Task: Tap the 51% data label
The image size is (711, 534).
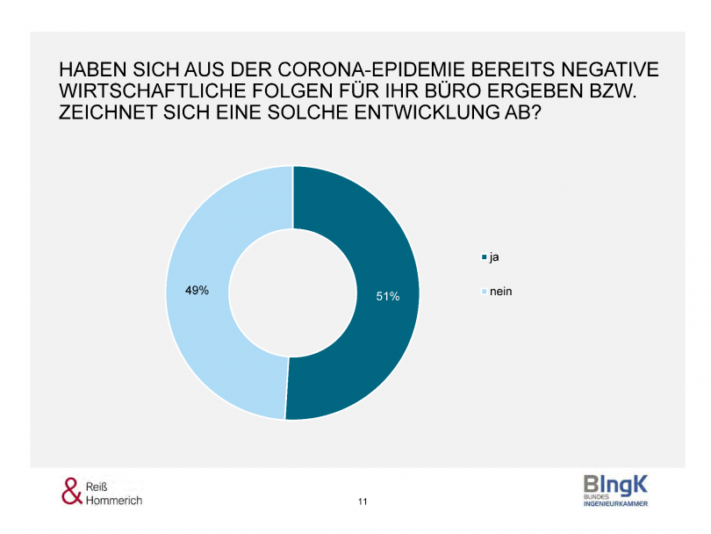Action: click(388, 297)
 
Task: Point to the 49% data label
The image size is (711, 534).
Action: click(197, 291)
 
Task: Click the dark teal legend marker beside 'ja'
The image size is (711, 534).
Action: click(484, 258)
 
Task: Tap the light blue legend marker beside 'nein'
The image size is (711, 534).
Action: click(484, 292)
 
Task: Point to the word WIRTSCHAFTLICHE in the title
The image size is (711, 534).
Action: click(136, 92)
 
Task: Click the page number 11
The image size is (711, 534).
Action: click(363, 502)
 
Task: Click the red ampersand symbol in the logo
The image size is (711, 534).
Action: click(71, 491)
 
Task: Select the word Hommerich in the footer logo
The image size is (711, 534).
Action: click(113, 500)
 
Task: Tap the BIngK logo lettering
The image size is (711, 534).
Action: click(616, 484)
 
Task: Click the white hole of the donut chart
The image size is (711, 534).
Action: click(292, 292)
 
